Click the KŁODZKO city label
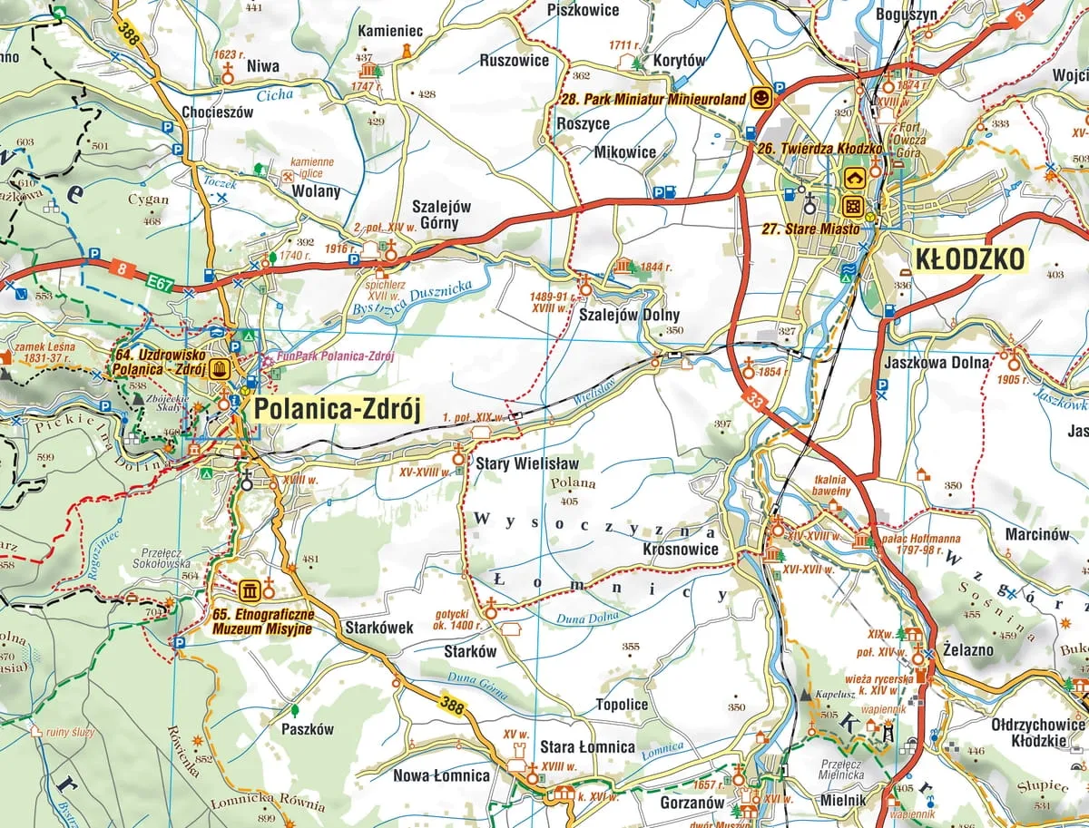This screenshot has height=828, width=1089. [970, 259]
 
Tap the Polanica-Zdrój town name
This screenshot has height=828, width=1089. [338, 410]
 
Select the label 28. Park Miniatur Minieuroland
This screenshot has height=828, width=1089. [653, 98]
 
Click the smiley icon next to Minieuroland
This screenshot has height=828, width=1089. [762, 98]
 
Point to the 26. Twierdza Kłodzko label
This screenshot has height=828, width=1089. [820, 148]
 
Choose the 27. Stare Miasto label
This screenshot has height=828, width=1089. [810, 229]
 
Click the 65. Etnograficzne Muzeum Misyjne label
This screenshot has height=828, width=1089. [262, 621]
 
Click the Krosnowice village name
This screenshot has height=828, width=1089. [680, 549]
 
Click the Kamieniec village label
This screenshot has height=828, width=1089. [391, 31]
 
